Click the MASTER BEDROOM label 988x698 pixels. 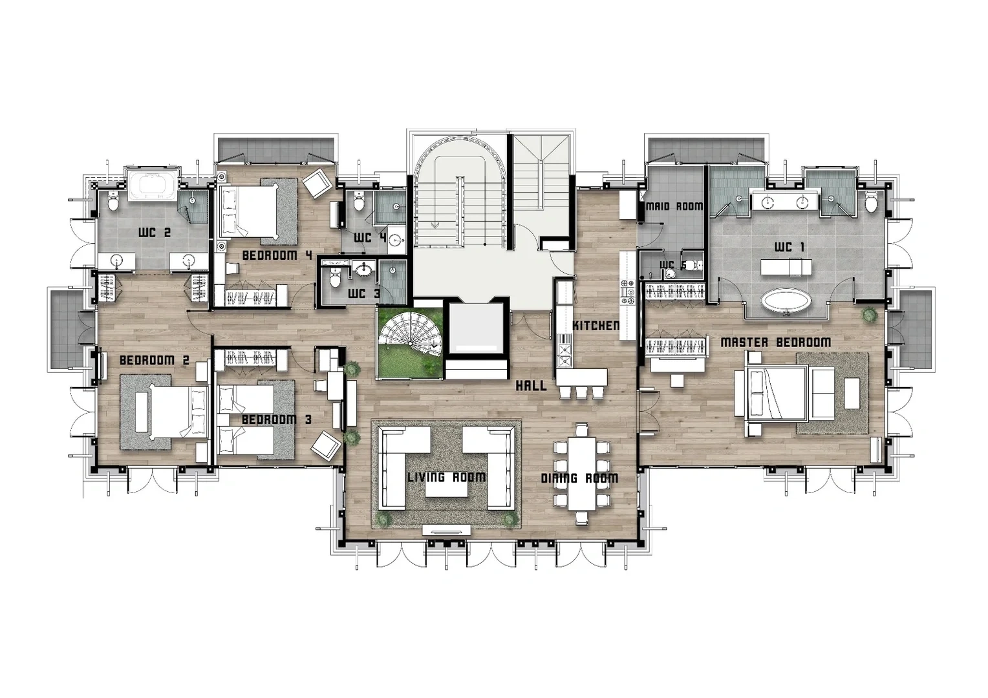(x=776, y=342)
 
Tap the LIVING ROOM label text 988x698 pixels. (x=446, y=477)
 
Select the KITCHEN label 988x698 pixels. (x=596, y=326)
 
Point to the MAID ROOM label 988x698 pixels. (x=674, y=206)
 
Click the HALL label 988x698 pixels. (x=532, y=386)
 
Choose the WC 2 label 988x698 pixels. (x=155, y=233)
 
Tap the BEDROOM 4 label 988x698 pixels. (x=277, y=255)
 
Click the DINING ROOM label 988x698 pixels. (x=579, y=478)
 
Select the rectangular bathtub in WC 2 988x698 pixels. (x=153, y=187)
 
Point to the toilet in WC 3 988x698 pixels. (x=336, y=278)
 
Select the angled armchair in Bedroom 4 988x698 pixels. (x=317, y=184)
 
